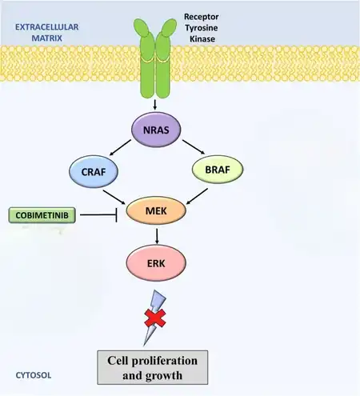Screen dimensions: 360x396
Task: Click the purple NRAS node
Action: pyautogui.click(x=156, y=130)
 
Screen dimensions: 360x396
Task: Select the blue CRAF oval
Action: pyautogui.click(x=94, y=171)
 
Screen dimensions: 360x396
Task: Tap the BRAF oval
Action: pyautogui.click(x=218, y=170)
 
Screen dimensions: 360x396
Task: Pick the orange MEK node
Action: pyautogui.click(x=156, y=210)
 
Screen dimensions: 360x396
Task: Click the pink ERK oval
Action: pyautogui.click(x=156, y=263)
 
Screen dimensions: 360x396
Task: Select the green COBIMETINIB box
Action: pyautogui.click(x=42, y=215)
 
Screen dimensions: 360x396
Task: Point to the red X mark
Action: pyautogui.click(x=155, y=318)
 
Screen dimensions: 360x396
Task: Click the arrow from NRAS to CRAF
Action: pyautogui.click(x=120, y=147)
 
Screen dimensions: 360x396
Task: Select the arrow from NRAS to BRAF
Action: pyautogui.click(x=194, y=146)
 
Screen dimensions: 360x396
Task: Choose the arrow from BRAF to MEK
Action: pyautogui.click(x=197, y=197)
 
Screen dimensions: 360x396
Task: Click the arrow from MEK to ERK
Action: pyautogui.click(x=157, y=236)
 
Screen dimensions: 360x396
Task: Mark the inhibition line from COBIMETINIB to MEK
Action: pyautogui.click(x=98, y=214)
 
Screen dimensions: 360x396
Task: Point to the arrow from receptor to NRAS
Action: pyautogui.click(x=155, y=104)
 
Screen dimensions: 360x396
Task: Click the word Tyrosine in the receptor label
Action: pyautogui.click(x=202, y=28)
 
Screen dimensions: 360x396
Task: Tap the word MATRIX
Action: pyautogui.click(x=47, y=38)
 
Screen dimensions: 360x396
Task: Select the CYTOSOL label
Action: pyautogui.click(x=34, y=375)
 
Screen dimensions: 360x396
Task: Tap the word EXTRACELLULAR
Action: pyautogui.click(x=47, y=27)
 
